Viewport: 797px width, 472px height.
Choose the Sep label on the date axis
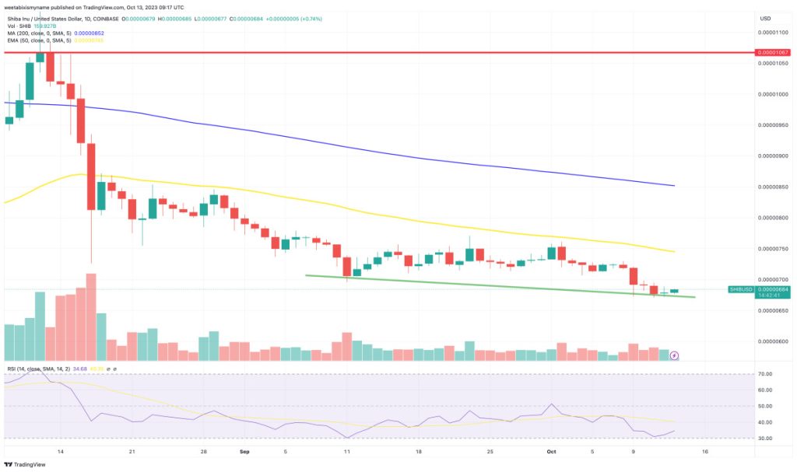click(x=244, y=451)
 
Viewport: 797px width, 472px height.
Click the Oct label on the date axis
click(x=551, y=451)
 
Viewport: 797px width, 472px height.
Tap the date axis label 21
click(x=132, y=451)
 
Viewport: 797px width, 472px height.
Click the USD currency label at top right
click(x=764, y=18)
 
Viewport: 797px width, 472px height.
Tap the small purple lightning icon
click(x=674, y=355)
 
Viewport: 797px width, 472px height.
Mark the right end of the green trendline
click(x=694, y=297)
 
